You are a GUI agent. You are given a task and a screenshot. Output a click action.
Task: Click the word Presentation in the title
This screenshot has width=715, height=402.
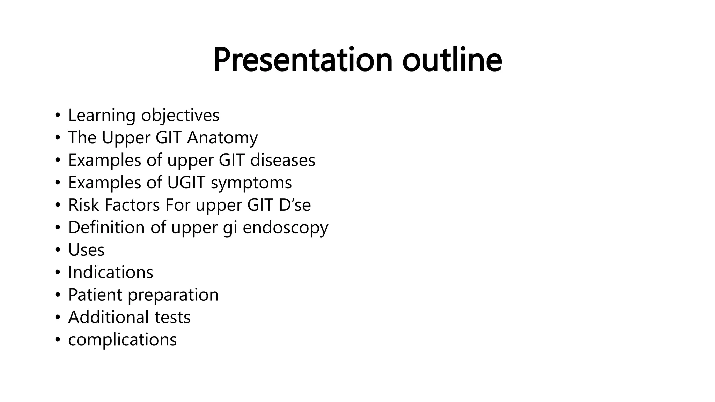coord(303,60)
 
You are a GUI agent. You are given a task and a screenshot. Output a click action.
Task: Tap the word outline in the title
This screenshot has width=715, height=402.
coord(452,60)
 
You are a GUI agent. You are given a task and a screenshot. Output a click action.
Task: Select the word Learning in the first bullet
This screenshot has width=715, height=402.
coord(102,116)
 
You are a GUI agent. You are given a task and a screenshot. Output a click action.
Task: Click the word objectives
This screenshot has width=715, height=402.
coord(180,116)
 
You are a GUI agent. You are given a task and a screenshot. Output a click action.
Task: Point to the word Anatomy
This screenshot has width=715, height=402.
coord(222,138)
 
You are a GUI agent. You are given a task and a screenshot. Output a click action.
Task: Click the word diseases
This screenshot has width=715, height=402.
coord(282,160)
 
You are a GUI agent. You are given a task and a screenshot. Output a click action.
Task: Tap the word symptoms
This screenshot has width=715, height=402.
coord(251,183)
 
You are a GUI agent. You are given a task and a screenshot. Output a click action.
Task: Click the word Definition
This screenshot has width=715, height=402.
coord(106,228)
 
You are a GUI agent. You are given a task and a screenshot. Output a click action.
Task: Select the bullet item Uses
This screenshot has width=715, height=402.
coord(86,250)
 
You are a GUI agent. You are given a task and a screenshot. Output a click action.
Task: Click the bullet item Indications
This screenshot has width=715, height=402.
coord(110,273)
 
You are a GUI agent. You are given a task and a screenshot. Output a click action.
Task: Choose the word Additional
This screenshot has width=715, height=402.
coord(108,317)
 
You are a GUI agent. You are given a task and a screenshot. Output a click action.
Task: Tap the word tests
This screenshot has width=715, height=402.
coord(172,318)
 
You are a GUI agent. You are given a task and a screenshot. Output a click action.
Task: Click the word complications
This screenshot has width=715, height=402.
coord(122,340)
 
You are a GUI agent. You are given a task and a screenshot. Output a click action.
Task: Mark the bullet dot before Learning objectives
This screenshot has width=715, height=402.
coord(58,116)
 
